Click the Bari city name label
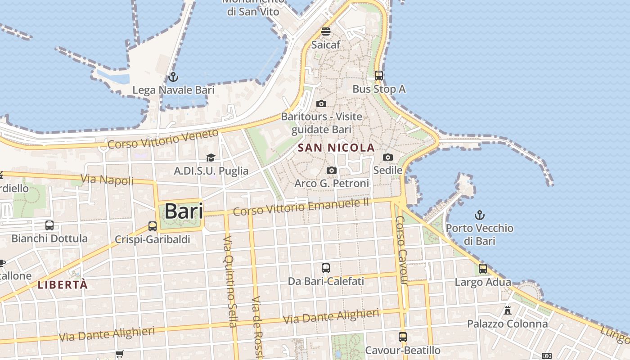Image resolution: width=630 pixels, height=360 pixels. pyautogui.click(x=184, y=211)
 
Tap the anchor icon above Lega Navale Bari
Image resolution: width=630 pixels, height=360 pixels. pyautogui.click(x=173, y=77)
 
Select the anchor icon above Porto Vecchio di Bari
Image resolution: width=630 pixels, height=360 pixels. pyautogui.click(x=480, y=215)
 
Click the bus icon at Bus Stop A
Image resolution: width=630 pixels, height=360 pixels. pyautogui.click(x=379, y=76)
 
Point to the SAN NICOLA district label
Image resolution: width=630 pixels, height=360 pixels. pyautogui.click(x=336, y=148)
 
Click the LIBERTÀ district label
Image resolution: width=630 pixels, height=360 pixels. pyautogui.click(x=63, y=285)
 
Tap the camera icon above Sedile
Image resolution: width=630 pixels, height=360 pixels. pyautogui.click(x=387, y=157)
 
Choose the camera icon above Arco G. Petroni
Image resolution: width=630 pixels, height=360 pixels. pyautogui.click(x=332, y=170)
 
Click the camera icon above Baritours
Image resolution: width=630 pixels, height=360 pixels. pyautogui.click(x=321, y=103)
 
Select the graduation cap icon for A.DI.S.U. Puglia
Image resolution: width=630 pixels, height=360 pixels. pyautogui.click(x=211, y=157)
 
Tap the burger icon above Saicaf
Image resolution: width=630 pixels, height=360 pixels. pyautogui.click(x=326, y=31)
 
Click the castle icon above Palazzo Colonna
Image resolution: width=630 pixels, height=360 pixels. pyautogui.click(x=508, y=310)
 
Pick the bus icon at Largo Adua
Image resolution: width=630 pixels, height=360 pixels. pyautogui.click(x=483, y=269)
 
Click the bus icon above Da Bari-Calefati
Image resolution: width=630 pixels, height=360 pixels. pyautogui.click(x=326, y=268)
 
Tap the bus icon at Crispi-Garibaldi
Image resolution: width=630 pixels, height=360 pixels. pyautogui.click(x=153, y=226)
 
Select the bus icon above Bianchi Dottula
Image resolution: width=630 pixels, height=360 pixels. pyautogui.click(x=49, y=225)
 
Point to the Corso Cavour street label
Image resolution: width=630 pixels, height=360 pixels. pyautogui.click(x=401, y=251)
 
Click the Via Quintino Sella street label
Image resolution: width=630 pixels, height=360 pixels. pyautogui.click(x=229, y=281)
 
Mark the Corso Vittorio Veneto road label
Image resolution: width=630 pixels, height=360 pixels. pyautogui.click(x=163, y=139)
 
